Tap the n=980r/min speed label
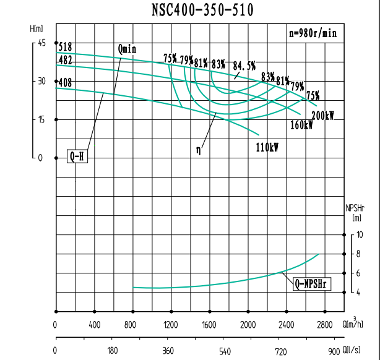[313, 34]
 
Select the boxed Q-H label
[77, 156]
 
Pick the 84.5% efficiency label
[244, 66]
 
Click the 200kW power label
[322, 116]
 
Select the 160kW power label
[301, 125]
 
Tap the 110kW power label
[267, 147]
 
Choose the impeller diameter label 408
[65, 82]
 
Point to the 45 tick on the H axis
[41, 43]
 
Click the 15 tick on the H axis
[41, 119]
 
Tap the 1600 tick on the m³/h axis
[209, 325]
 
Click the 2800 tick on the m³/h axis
[324, 325]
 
